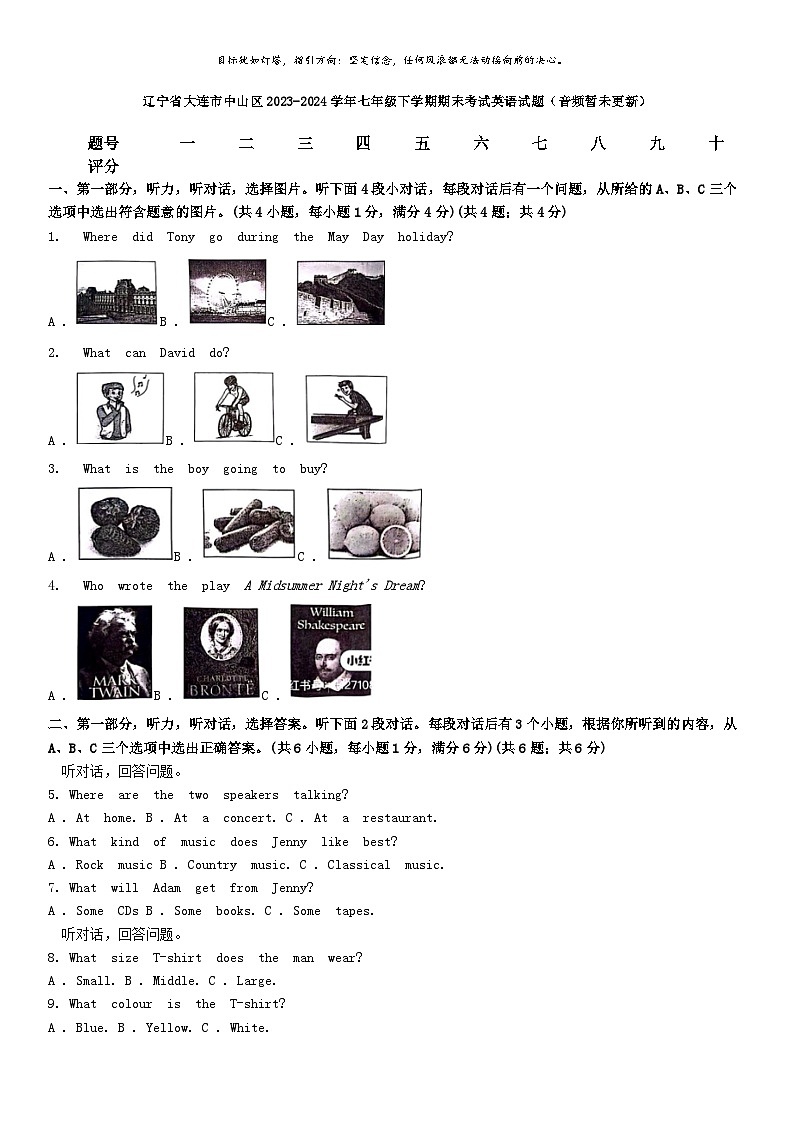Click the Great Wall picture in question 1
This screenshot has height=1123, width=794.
coord(340,293)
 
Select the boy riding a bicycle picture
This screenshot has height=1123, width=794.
coord(233,407)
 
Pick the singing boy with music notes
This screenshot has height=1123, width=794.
coord(121,407)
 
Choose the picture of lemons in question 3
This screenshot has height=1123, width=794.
coord(374,523)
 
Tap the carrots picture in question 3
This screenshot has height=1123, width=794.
coord(248,523)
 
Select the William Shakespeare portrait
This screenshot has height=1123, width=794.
coord(331,649)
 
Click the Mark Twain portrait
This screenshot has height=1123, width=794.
coord(115,652)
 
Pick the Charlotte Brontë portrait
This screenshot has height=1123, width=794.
coord(220,653)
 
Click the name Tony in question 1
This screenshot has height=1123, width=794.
coord(181,237)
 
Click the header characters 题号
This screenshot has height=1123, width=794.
coord(104,144)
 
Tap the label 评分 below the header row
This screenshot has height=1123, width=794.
coord(104,166)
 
